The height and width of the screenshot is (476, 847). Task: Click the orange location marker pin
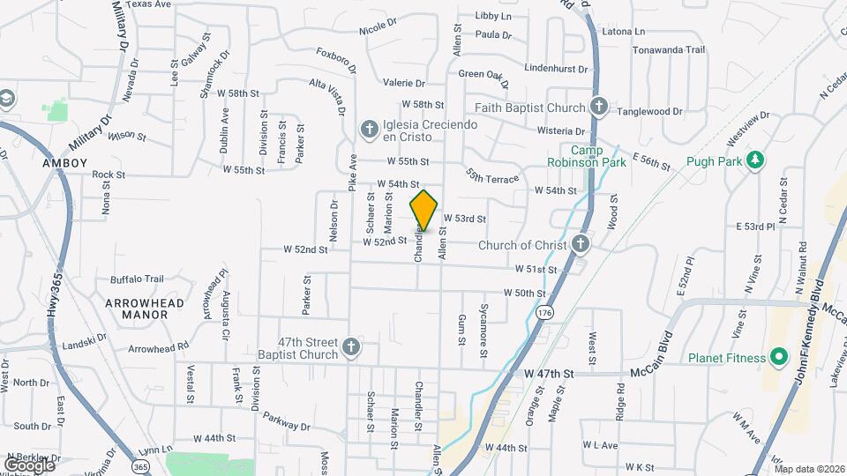(423, 210)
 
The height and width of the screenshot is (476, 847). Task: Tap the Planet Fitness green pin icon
(778, 357)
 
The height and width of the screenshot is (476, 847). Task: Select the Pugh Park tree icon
(754, 160)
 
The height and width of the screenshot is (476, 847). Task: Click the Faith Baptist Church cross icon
(599, 108)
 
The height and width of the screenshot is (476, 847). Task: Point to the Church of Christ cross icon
(580, 244)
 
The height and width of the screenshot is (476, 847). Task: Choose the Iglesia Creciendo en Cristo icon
(369, 130)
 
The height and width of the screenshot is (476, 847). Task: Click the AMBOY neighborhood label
(65, 163)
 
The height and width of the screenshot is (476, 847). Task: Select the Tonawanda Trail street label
(669, 50)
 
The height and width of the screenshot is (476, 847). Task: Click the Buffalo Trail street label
(137, 279)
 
